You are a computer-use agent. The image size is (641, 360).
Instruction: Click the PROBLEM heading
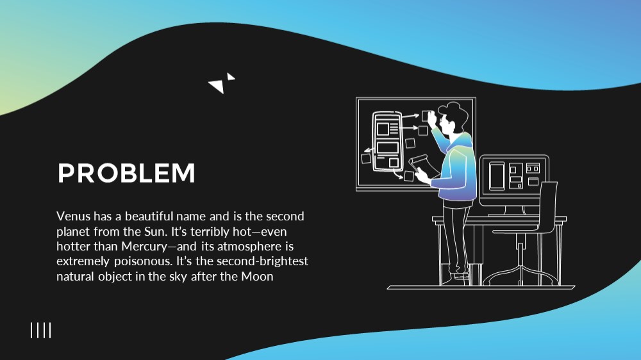126,173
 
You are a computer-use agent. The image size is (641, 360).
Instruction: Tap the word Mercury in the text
144,247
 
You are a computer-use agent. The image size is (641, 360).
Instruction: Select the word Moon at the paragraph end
257,277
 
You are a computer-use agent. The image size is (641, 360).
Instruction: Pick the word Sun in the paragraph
155,232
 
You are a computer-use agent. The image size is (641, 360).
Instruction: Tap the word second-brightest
262,261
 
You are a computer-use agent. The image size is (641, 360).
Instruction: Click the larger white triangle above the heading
217,85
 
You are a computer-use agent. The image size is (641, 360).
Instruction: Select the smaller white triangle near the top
231,77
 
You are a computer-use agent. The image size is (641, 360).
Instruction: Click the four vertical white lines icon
41,330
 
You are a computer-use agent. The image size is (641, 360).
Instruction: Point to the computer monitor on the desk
514,180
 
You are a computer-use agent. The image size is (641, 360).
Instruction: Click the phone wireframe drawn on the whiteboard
387,141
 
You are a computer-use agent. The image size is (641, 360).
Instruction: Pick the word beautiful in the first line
149,216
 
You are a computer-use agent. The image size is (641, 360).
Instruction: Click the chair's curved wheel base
520,275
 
